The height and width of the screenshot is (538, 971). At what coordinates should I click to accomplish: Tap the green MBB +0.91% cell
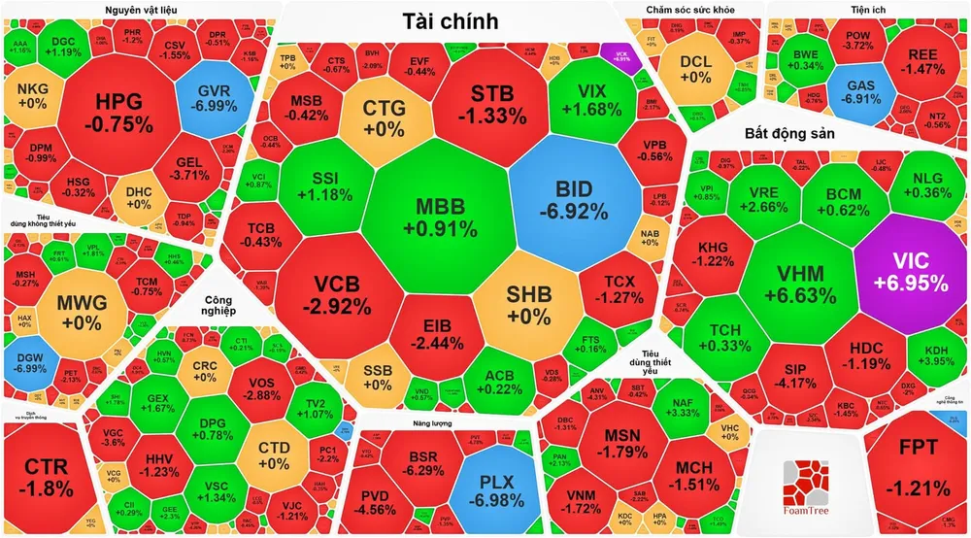[441, 218]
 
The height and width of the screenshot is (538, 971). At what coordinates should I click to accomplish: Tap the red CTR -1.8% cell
[46, 476]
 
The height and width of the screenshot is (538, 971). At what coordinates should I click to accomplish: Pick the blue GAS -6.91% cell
[860, 92]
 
